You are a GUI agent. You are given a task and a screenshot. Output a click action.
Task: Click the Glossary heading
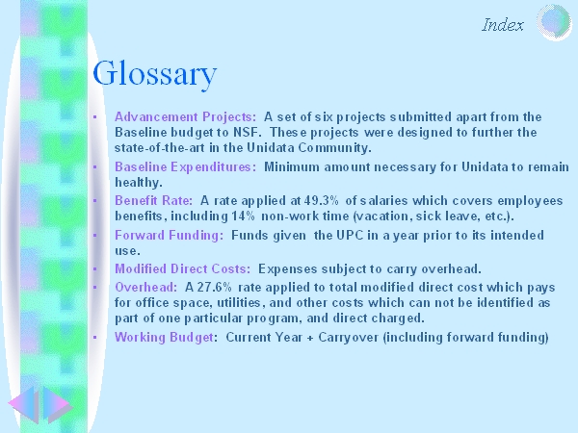pos(155,74)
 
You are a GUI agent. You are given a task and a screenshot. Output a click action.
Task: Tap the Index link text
pos(503,25)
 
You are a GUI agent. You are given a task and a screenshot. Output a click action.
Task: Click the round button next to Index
pos(554,22)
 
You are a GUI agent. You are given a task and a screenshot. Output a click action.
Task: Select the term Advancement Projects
pos(185,117)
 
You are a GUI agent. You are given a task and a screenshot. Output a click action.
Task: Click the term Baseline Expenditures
pos(185,167)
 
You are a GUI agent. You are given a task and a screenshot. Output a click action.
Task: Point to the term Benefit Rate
pos(154,201)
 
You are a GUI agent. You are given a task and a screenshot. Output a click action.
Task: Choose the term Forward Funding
pos(170,236)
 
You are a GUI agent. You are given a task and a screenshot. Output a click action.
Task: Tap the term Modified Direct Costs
pos(182,268)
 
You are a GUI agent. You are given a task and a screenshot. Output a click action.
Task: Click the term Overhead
pos(146,287)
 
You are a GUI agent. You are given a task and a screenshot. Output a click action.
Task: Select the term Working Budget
pos(164,338)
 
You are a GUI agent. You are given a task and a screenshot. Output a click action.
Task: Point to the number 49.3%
pos(321,201)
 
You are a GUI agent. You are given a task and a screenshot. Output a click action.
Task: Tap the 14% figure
pos(243,216)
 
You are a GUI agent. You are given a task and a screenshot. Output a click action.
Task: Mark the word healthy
pos(138,183)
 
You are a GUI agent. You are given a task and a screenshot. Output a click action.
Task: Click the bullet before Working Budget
pos(95,337)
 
